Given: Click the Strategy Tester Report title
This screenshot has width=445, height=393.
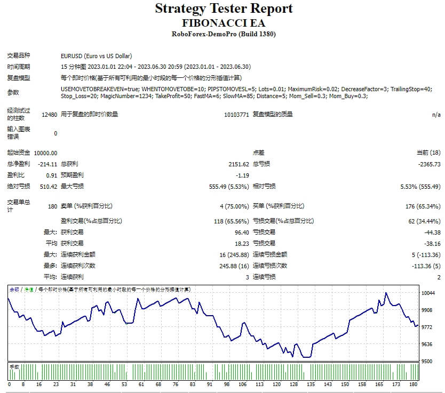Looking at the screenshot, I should coord(224,9).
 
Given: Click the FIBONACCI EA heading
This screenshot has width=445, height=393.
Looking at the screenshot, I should coord(224,23).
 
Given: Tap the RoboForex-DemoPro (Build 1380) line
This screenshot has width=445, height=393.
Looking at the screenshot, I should coord(224,34).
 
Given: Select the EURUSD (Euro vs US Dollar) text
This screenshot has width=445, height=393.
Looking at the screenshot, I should coord(97,56).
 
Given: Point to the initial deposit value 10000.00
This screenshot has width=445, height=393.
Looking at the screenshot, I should coord(45,153).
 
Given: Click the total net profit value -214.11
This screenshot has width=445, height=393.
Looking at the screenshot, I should coord(48,164).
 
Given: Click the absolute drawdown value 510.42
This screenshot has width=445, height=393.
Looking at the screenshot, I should coord(49,186).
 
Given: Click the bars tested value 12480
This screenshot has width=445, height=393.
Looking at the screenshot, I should coord(49,115).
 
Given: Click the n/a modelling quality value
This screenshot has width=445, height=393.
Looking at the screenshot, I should coord(436,115).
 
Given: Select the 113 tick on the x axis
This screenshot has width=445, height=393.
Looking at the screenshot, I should coord(259,384).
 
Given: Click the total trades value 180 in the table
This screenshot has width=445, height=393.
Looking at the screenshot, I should coord(52,206).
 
